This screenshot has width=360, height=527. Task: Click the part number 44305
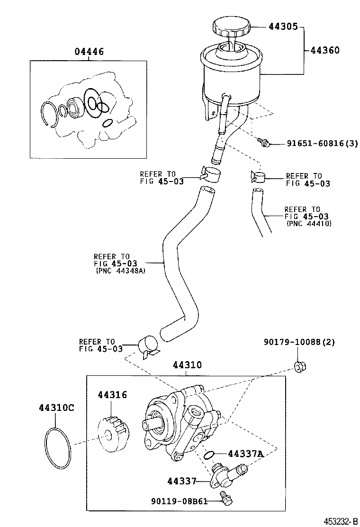283,26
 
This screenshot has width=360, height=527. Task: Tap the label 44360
325,50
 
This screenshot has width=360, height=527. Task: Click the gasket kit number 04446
89,52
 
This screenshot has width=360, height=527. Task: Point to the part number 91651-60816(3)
322,144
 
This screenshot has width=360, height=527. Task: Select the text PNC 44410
309,224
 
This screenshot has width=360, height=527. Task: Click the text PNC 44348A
121,271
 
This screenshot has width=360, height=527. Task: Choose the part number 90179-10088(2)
299,343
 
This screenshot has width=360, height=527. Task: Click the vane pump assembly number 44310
187,364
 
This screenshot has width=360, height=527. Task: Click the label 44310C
56,408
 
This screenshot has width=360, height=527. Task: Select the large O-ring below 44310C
58,448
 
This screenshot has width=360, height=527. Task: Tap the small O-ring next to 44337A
208,455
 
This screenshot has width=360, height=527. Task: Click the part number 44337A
245,454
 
